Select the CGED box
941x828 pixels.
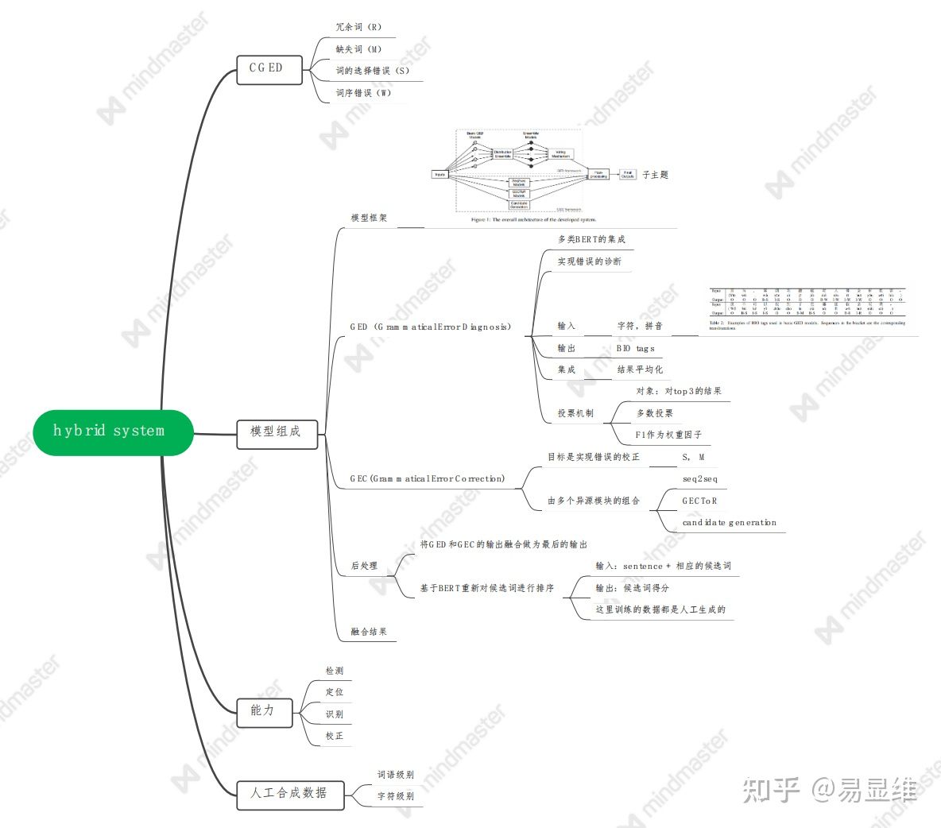(x=266, y=69)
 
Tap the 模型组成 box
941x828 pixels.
(x=276, y=432)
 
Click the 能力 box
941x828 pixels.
(x=264, y=711)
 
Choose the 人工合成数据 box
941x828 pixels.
(x=289, y=793)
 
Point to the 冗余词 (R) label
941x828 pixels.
(x=359, y=27)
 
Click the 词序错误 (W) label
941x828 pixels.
(x=363, y=93)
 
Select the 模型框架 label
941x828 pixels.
(x=370, y=218)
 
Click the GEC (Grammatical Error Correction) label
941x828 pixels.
(x=428, y=479)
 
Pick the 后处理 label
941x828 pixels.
(x=365, y=566)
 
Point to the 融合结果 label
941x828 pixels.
(x=370, y=632)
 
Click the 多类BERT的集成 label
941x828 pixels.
(x=591, y=239)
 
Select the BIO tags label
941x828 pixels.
(x=636, y=348)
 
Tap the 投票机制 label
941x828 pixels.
(x=575, y=413)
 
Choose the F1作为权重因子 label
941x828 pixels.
(x=668, y=435)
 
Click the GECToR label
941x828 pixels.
(x=699, y=501)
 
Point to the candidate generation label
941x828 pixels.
(x=729, y=523)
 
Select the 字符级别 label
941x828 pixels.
(x=395, y=795)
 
